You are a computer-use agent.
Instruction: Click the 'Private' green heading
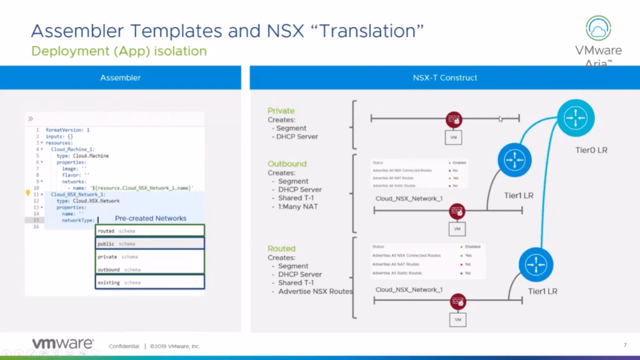pyautogui.click(x=281, y=111)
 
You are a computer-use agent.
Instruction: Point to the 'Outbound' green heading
pyautogui.click(x=287, y=164)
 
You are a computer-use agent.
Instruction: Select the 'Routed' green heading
pyautogui.click(x=282, y=249)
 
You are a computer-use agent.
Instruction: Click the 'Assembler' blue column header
pyautogui.click(x=121, y=78)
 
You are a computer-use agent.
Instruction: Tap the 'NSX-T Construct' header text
pyautogui.click(x=445, y=78)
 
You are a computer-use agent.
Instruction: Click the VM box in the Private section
pyautogui.click(x=453, y=137)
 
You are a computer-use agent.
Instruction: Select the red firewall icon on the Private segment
pyautogui.click(x=454, y=120)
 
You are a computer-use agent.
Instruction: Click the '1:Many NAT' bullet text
pyautogui.click(x=298, y=206)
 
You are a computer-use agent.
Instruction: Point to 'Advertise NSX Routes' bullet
pyautogui.click(x=315, y=291)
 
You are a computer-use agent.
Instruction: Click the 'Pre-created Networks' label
pyautogui.click(x=150, y=218)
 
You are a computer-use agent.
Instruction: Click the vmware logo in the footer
pyautogui.click(x=62, y=344)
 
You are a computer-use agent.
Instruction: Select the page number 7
pyautogui.click(x=625, y=345)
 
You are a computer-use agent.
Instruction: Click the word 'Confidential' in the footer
pyautogui.click(x=124, y=346)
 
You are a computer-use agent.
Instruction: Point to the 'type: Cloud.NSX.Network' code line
pyautogui.click(x=88, y=201)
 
